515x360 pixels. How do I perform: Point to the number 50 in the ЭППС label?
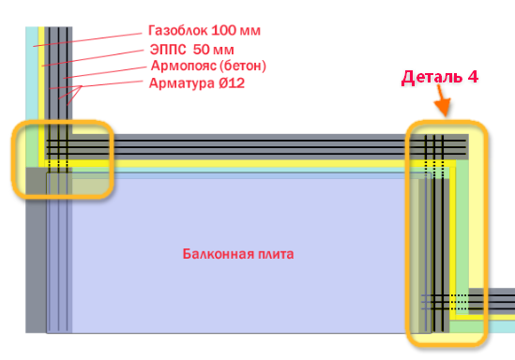202,49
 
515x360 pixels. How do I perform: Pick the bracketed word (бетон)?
244,67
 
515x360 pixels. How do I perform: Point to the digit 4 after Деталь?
474,77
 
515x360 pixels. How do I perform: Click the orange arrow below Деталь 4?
442,105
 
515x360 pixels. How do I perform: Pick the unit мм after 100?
250,30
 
